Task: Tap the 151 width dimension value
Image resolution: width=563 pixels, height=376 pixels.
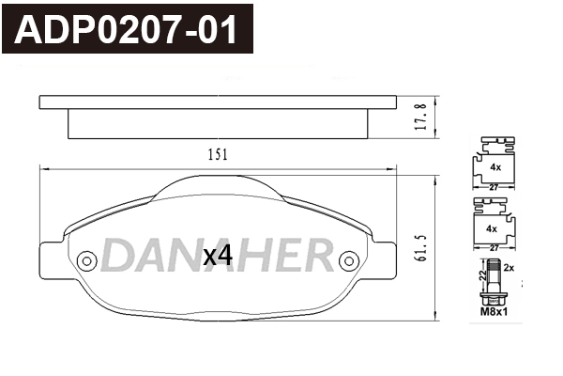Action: pos(218,155)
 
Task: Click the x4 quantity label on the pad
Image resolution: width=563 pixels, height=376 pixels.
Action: pos(217,255)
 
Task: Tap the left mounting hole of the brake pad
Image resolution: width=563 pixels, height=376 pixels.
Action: pos(87,260)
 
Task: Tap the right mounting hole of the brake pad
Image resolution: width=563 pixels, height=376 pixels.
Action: pos(348,260)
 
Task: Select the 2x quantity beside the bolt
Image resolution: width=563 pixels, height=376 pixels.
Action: pos(510,267)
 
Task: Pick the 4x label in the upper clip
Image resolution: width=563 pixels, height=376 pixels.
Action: pos(494,166)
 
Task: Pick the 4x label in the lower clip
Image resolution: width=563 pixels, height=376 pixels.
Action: pos(492,229)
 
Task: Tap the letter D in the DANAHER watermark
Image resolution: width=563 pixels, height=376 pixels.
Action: pos(116,255)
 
